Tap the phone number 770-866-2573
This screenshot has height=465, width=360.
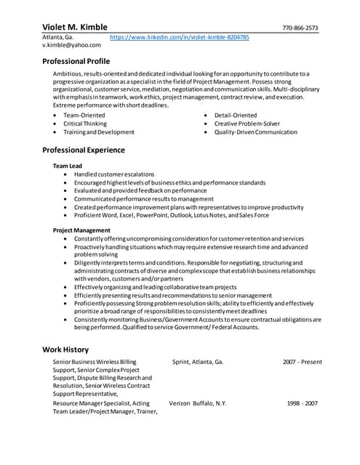(300, 28)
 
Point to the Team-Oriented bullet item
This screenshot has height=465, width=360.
(84, 116)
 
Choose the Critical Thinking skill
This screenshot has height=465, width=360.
(85, 124)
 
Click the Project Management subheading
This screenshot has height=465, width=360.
(81, 230)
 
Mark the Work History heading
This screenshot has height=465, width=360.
(65, 349)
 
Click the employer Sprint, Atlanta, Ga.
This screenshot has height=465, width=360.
(198, 361)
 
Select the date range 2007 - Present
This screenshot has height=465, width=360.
(302, 361)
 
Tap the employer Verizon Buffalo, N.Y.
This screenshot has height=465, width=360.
(198, 403)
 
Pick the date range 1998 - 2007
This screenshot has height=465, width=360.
(302, 403)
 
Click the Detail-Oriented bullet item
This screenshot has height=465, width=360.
(235, 116)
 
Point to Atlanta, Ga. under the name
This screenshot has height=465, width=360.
(58, 36)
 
